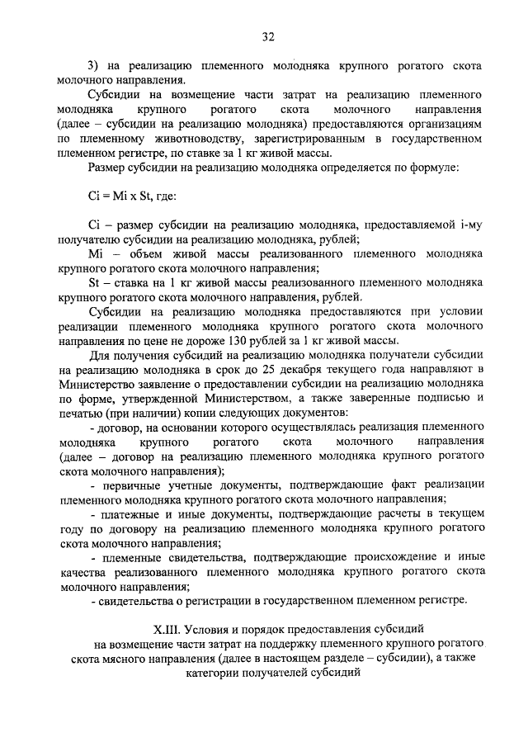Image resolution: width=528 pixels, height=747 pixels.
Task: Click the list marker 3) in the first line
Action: coord(94,64)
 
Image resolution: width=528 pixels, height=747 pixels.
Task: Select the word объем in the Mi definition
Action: coord(136,253)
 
